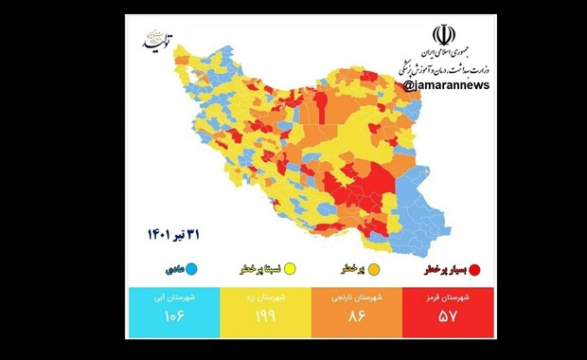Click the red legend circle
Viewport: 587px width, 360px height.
click(x=474, y=269)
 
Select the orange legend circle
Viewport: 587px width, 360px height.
click(x=372, y=269)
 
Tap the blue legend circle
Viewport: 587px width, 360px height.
click(x=190, y=269)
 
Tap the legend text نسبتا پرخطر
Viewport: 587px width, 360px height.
click(x=259, y=269)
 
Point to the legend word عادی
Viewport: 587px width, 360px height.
click(x=171, y=269)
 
